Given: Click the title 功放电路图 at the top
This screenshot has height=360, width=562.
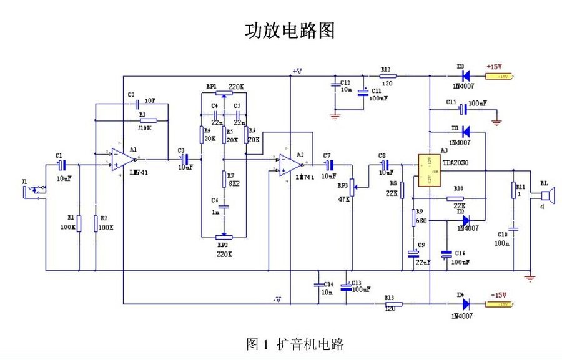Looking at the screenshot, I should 290,31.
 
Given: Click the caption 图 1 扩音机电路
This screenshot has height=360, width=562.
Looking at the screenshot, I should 295,344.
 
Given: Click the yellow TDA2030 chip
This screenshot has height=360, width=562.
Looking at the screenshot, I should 429,170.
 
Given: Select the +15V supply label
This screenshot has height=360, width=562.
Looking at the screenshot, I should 495,67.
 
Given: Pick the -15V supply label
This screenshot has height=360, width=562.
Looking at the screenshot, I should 498,294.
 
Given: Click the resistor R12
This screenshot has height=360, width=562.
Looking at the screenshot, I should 386,76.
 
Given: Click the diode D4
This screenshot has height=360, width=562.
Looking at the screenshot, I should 465,304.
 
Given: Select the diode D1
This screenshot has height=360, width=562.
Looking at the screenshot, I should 465,132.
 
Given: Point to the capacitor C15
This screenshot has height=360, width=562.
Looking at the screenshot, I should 462,110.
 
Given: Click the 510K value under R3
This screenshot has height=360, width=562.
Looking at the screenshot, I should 144,129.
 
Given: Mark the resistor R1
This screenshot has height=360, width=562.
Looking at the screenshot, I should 79,222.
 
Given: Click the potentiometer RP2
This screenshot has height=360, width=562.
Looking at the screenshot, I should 224,237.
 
